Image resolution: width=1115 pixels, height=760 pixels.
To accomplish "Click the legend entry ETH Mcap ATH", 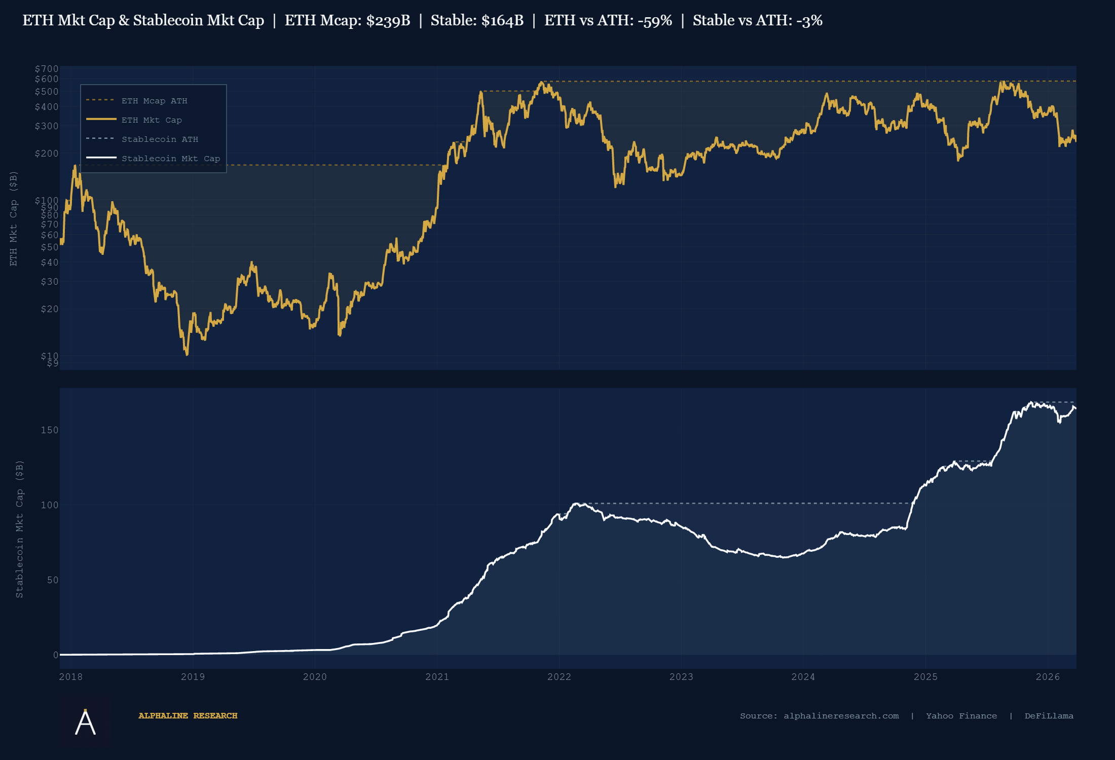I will coord(154,101).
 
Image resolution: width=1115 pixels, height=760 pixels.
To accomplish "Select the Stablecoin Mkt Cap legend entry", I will coord(170,159).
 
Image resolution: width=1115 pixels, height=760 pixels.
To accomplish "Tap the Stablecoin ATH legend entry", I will coord(160,139).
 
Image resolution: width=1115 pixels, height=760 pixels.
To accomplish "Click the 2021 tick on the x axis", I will coord(437,677).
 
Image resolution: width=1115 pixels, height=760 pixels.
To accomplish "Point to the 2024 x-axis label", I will coord(803,677).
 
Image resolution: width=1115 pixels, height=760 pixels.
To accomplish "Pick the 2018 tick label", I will coord(71,677).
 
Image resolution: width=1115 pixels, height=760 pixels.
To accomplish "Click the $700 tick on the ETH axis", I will coord(47,69).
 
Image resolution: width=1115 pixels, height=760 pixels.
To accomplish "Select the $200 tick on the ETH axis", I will coord(47,154).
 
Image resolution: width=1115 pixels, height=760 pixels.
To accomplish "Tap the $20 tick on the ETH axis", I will coord(50,309).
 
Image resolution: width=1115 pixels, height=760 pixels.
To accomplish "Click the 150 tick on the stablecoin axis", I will coord(50,430).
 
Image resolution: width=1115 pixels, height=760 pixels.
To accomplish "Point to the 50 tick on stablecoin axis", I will coord(53,580).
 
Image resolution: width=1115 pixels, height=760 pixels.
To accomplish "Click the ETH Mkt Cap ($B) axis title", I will coord(14,218).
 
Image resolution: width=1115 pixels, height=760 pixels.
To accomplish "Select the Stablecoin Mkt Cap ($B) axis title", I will coord(20,529).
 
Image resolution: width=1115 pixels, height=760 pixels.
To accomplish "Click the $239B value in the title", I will coord(388,21).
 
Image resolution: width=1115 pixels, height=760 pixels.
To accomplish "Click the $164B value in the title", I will coord(502,21).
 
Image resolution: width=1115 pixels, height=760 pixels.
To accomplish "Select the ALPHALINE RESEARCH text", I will coord(188,716).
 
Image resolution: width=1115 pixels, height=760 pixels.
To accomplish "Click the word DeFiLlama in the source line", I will coord(1049,716).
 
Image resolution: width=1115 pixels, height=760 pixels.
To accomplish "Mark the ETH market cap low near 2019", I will coord(187,354).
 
